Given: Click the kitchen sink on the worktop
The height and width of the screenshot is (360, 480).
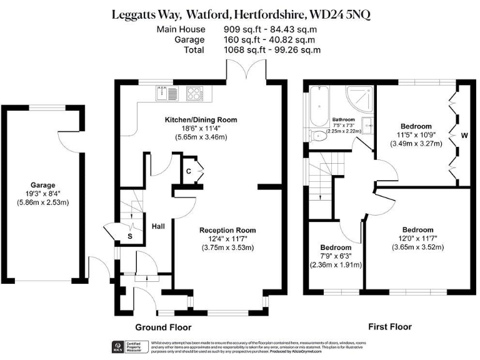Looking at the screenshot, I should (x=165, y=93).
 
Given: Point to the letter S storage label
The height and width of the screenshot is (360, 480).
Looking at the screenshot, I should (x=129, y=237).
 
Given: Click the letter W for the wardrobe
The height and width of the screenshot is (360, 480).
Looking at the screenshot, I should (x=464, y=134).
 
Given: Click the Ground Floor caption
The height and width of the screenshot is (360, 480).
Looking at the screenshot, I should (x=163, y=327).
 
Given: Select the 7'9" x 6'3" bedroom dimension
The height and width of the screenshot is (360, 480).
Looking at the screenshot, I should (x=335, y=256).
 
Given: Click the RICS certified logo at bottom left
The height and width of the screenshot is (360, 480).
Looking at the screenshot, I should (x=117, y=346).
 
